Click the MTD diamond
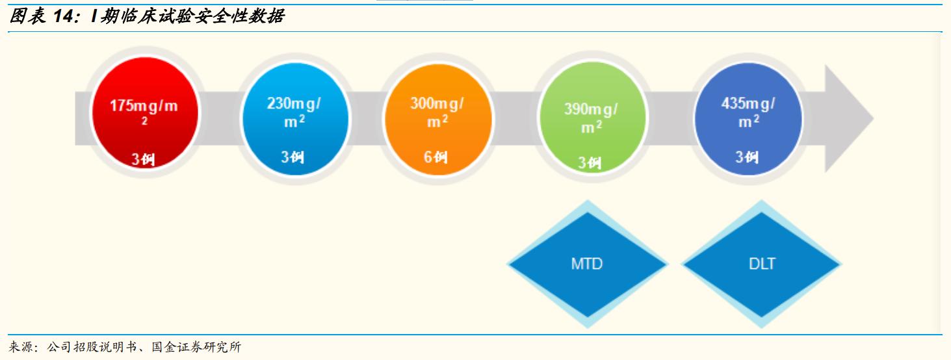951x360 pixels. pos(587,264)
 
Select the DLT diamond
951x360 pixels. pos(762,264)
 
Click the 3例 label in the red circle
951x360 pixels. pos(143,159)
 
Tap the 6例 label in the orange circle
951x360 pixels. pos(436,157)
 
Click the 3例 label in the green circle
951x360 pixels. pos(590,162)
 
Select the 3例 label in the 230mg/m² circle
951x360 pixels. pos(293,157)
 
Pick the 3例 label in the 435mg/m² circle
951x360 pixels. pos(747,157)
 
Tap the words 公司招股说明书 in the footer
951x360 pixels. pos(91,348)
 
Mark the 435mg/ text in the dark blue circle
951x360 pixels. pos(748,104)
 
